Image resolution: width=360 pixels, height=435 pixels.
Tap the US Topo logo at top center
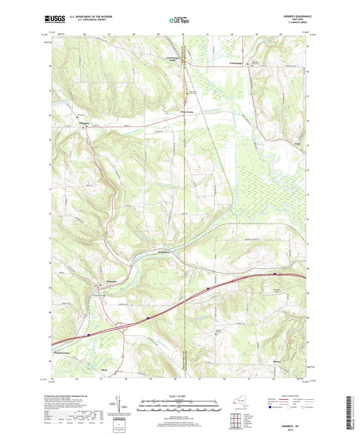[180, 21]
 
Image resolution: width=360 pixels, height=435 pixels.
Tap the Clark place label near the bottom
[103, 370]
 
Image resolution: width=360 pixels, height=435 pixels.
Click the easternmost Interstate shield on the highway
[275, 274]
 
